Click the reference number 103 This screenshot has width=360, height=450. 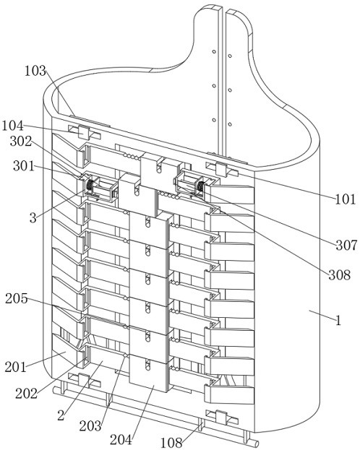click(x=35, y=71)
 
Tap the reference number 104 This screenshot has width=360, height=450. click(x=12, y=126)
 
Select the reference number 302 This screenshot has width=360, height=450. click(x=21, y=141)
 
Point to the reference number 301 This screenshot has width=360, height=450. click(x=24, y=166)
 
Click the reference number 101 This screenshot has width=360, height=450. click(x=346, y=199)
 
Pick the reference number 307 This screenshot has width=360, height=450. click(x=347, y=245)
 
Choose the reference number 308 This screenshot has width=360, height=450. click(x=340, y=274)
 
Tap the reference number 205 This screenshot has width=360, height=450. click(x=17, y=299)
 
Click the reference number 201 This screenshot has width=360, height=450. click(x=15, y=367)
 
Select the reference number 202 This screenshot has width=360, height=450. click(x=27, y=393)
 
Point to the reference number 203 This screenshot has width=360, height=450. click(x=90, y=426)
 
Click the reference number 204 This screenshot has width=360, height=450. click(x=121, y=439)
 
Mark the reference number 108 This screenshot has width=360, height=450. click(x=171, y=443)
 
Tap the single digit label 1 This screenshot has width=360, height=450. click(x=338, y=320)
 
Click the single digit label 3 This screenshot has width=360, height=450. click(x=33, y=218)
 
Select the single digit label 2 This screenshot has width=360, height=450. click(x=61, y=415)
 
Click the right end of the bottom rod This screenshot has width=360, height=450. click(x=257, y=443)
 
